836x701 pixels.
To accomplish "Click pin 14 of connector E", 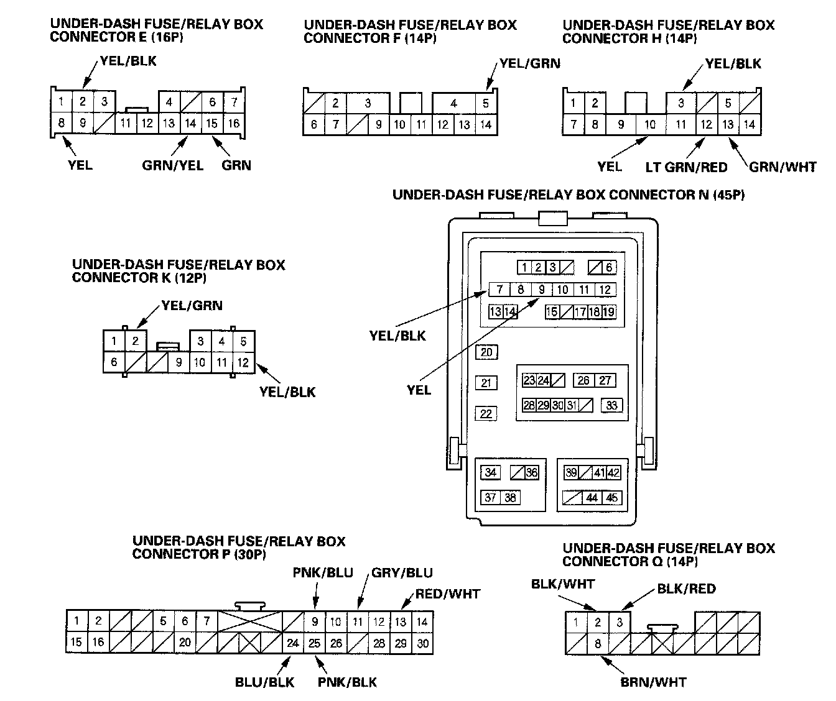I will (x=190, y=123).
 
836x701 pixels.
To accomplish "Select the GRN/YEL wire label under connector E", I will (x=172, y=165).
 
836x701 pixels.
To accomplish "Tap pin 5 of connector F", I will (x=486, y=103).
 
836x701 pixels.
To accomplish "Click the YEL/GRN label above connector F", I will (x=529, y=63).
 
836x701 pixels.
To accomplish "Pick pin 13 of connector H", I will (x=728, y=124).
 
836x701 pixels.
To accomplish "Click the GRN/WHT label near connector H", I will (x=783, y=167).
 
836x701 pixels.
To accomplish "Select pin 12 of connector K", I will (x=243, y=362).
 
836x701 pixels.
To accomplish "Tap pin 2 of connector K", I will (x=135, y=341).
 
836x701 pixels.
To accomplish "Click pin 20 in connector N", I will (x=486, y=352).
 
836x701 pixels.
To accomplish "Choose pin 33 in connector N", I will (x=611, y=405).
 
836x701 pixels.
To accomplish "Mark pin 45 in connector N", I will (x=612, y=497).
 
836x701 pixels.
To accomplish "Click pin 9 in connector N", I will (x=542, y=289).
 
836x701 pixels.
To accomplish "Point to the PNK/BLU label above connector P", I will (x=323, y=572).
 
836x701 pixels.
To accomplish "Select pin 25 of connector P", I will (x=315, y=643).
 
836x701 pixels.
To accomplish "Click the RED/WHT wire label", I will (x=448, y=594).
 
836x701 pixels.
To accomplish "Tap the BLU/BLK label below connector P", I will (x=264, y=682).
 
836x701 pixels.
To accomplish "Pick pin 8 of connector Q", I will (x=598, y=643).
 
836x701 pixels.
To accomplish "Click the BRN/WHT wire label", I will (x=653, y=682).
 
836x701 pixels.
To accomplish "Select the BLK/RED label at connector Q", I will (x=686, y=589).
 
